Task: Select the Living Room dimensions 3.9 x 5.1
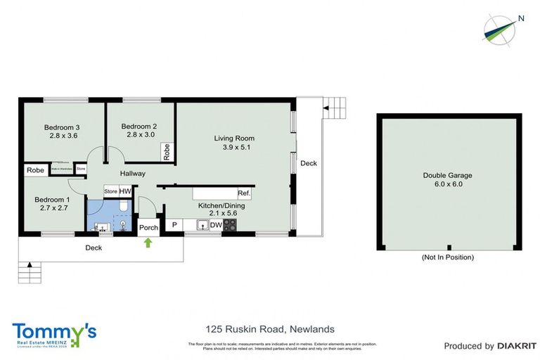(234, 148)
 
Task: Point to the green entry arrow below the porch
(148, 243)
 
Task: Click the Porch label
(148, 227)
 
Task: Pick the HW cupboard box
(125, 191)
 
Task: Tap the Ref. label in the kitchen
(243, 193)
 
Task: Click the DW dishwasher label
(216, 225)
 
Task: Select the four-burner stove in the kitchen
(230, 225)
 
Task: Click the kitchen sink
(202, 225)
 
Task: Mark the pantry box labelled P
(173, 225)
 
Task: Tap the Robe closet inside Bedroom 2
(166, 151)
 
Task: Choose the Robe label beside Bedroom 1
(34, 170)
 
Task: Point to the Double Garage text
(447, 176)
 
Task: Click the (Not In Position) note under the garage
(447, 257)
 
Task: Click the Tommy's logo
(54, 333)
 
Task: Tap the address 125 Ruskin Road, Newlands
(269, 329)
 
